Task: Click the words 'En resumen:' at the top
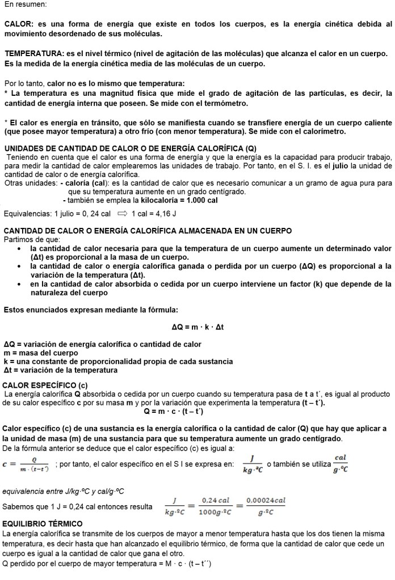coord(25,4)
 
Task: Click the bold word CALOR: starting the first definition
coord(19,24)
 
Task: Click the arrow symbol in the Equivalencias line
coord(121,214)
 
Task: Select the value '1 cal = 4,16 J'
coord(154,214)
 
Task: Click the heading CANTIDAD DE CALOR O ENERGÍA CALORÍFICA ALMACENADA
coord(148,231)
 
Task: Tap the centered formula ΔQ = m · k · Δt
coord(197,327)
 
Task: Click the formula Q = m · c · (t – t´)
coord(174,411)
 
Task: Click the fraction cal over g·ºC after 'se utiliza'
coord(341,464)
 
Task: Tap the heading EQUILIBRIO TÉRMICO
coord(43,523)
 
